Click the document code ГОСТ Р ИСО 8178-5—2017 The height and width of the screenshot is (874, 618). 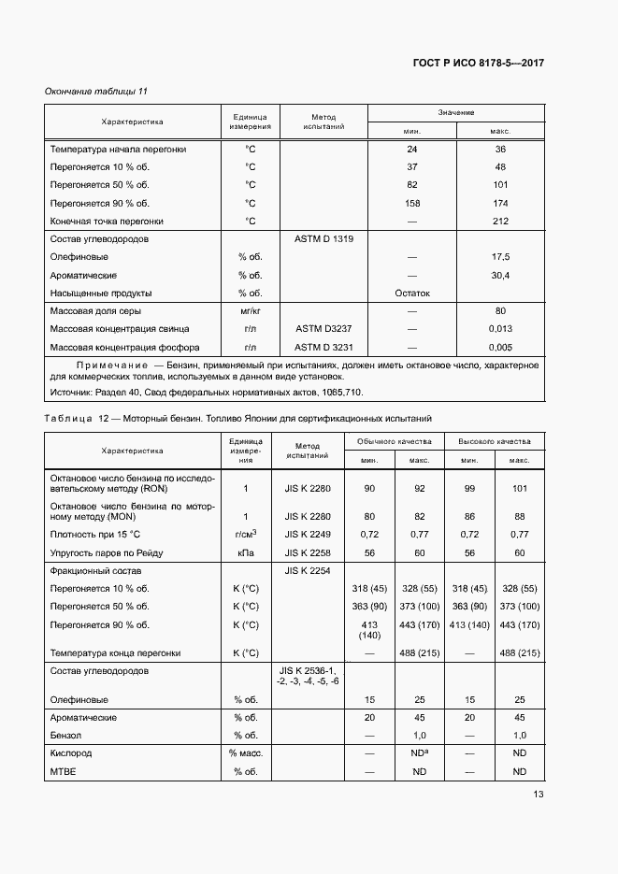(x=479, y=63)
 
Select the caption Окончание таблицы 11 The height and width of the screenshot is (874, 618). (x=96, y=91)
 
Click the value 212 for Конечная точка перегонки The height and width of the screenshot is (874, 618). (x=500, y=222)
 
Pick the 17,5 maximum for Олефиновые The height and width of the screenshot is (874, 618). (x=500, y=257)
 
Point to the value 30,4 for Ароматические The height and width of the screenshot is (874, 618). (x=500, y=275)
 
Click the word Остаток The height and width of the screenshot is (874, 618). (x=412, y=293)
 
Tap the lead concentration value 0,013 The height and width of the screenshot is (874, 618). (x=500, y=329)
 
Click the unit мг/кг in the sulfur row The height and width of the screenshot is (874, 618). (x=250, y=311)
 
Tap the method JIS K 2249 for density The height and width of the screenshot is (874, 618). (x=308, y=534)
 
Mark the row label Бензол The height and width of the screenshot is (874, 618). (x=67, y=735)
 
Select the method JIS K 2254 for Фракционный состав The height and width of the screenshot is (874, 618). (x=308, y=570)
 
